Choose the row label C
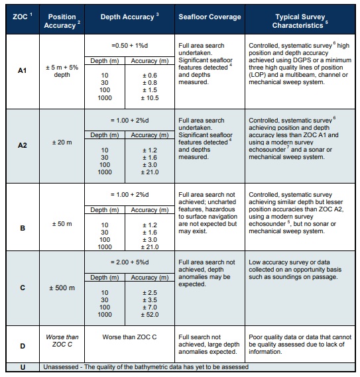[x=22, y=290]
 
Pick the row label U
[x=22, y=366]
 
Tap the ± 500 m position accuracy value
[x=62, y=290]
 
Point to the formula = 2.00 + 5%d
[x=129, y=262]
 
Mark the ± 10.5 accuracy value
[x=152, y=98]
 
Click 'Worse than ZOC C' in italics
[x=62, y=341]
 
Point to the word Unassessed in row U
[x=62, y=366]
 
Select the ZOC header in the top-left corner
[x=21, y=16]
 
